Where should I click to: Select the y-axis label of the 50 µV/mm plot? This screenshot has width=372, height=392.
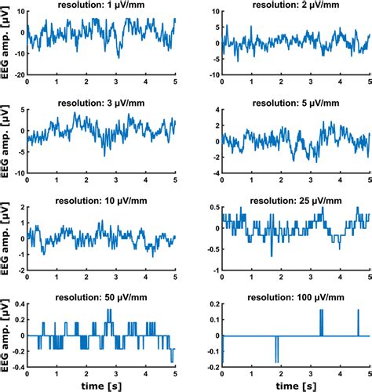pyautogui.click(x=6, y=336)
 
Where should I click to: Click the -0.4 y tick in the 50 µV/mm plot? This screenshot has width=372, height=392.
pyautogui.click(x=16, y=366)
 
